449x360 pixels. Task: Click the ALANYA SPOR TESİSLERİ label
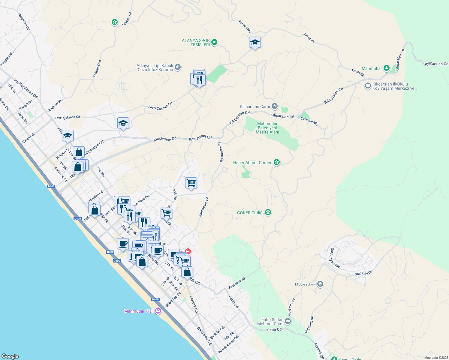pos(196,43)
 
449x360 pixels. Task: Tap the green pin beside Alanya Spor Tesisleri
pos(214,42)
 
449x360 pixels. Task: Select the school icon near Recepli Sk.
pos(255,43)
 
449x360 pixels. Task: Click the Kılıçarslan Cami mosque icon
pos(275,106)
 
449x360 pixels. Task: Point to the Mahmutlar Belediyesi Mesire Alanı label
pos(267,128)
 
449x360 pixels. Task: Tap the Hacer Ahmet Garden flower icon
pos(277,163)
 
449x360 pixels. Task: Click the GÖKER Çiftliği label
pos(250,213)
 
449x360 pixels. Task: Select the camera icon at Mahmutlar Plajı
pos(158,311)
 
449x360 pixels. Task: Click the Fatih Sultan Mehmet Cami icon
pos(288,322)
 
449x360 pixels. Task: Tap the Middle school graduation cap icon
pos(320,284)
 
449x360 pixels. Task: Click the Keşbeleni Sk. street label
pos(237,283)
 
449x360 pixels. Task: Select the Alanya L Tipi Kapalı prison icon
pos(177,67)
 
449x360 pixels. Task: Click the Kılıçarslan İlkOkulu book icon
pos(368,86)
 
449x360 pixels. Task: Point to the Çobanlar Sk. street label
pos(309,121)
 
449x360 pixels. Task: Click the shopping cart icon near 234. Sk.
pos(191,183)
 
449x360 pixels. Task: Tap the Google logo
pos(10,356)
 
